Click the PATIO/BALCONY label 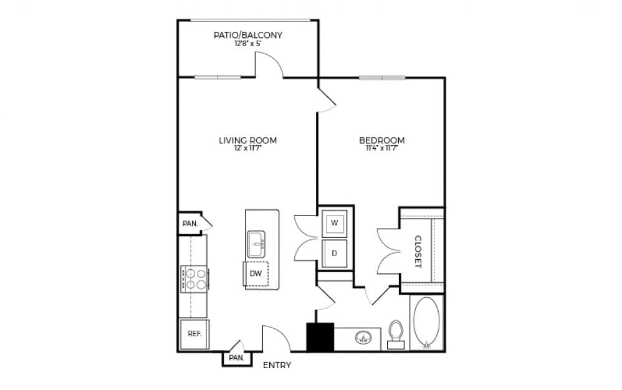point(247,36)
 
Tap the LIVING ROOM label point(247,141)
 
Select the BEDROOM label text point(381,141)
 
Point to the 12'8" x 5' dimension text point(247,45)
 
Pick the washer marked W point(334,223)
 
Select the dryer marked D point(334,254)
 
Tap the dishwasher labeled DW point(256,273)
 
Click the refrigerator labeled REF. point(194,334)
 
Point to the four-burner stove point(194,279)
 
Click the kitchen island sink point(256,244)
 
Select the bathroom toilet point(396,333)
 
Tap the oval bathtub point(426,323)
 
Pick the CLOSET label point(418,251)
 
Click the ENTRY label point(277,365)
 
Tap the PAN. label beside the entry point(236,358)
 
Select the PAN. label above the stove point(189,223)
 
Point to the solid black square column point(320,337)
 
